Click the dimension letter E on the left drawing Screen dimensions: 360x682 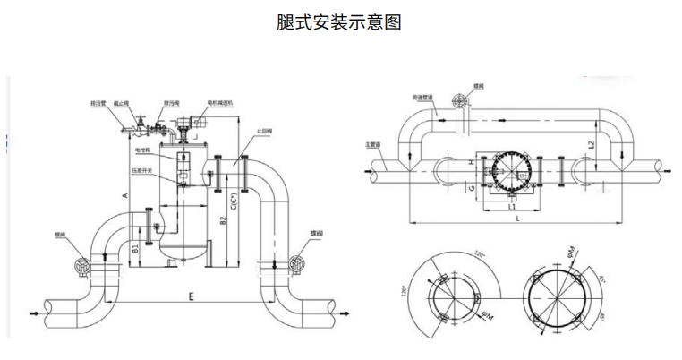(192, 293)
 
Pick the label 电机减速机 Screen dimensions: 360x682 (220, 104)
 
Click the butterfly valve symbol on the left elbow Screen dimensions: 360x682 (82, 265)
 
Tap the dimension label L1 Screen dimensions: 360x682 (510, 206)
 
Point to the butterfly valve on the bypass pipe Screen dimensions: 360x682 (462, 99)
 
